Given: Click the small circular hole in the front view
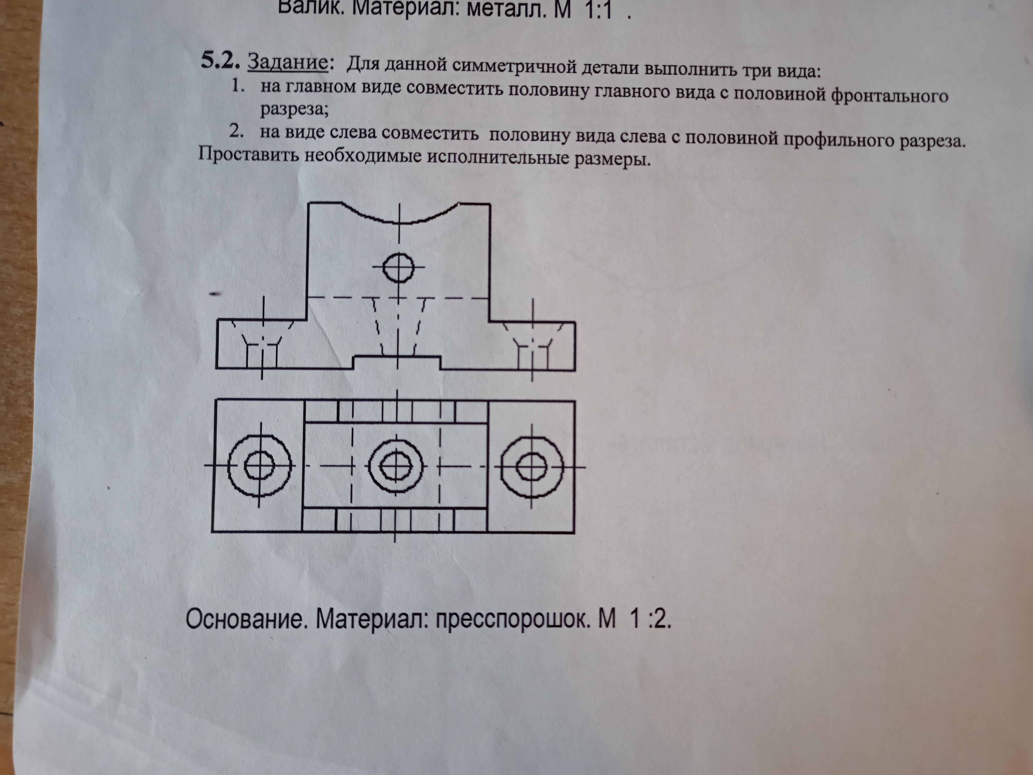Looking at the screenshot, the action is tap(398, 267).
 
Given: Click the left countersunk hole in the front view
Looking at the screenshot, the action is tap(262, 346).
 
